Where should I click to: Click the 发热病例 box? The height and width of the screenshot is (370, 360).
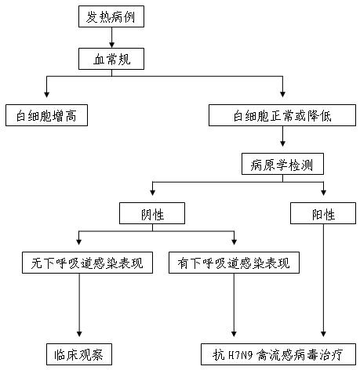pyautogui.click(x=111, y=16)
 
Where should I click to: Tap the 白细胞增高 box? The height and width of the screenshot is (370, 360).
pyautogui.click(x=45, y=116)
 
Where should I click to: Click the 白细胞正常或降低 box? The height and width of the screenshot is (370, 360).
pyautogui.click(x=282, y=116)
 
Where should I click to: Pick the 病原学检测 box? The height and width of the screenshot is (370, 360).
pyautogui.click(x=282, y=165)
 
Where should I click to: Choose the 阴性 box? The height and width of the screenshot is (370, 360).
pyautogui.click(x=152, y=213)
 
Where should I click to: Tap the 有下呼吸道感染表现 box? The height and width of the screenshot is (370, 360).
pyautogui.click(x=234, y=263)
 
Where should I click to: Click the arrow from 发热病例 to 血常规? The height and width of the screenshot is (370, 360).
pyautogui.click(x=111, y=37)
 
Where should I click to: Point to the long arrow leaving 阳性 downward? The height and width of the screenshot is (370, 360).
pyautogui.click(x=324, y=282)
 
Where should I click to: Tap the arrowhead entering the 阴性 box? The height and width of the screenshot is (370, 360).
pyautogui.click(x=152, y=198)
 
